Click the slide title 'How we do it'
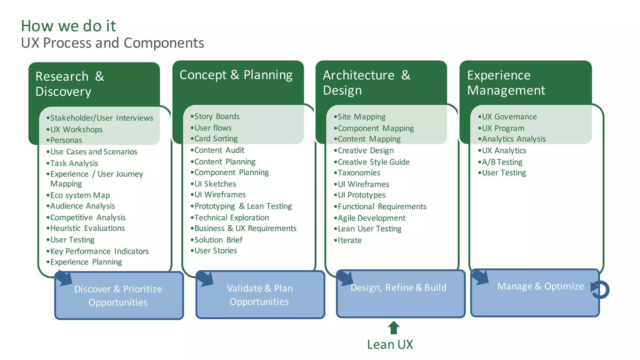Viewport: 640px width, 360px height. click(x=68, y=26)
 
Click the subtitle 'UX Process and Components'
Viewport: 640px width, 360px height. click(x=112, y=43)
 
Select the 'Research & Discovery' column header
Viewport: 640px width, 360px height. click(x=70, y=84)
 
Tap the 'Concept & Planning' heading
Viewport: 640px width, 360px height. click(x=236, y=75)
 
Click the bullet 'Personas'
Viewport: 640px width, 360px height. click(x=66, y=140)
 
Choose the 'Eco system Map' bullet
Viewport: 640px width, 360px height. click(x=80, y=195)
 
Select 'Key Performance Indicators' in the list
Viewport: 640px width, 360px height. click(x=99, y=251)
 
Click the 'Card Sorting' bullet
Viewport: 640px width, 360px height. click(x=216, y=139)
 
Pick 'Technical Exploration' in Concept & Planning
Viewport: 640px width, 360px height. click(x=231, y=218)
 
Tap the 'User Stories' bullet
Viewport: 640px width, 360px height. click(x=215, y=251)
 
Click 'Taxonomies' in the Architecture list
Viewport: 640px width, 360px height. click(x=359, y=173)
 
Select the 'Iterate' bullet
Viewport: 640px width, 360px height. click(x=349, y=240)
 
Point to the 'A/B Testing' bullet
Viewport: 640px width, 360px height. click(x=502, y=162)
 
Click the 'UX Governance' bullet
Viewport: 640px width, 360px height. click(x=509, y=117)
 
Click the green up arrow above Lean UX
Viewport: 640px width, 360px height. click(x=393, y=328)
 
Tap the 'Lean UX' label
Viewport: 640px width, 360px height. click(x=390, y=344)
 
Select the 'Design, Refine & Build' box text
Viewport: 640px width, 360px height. click(x=398, y=287)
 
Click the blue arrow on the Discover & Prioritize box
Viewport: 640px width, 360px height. click(x=64, y=278)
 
